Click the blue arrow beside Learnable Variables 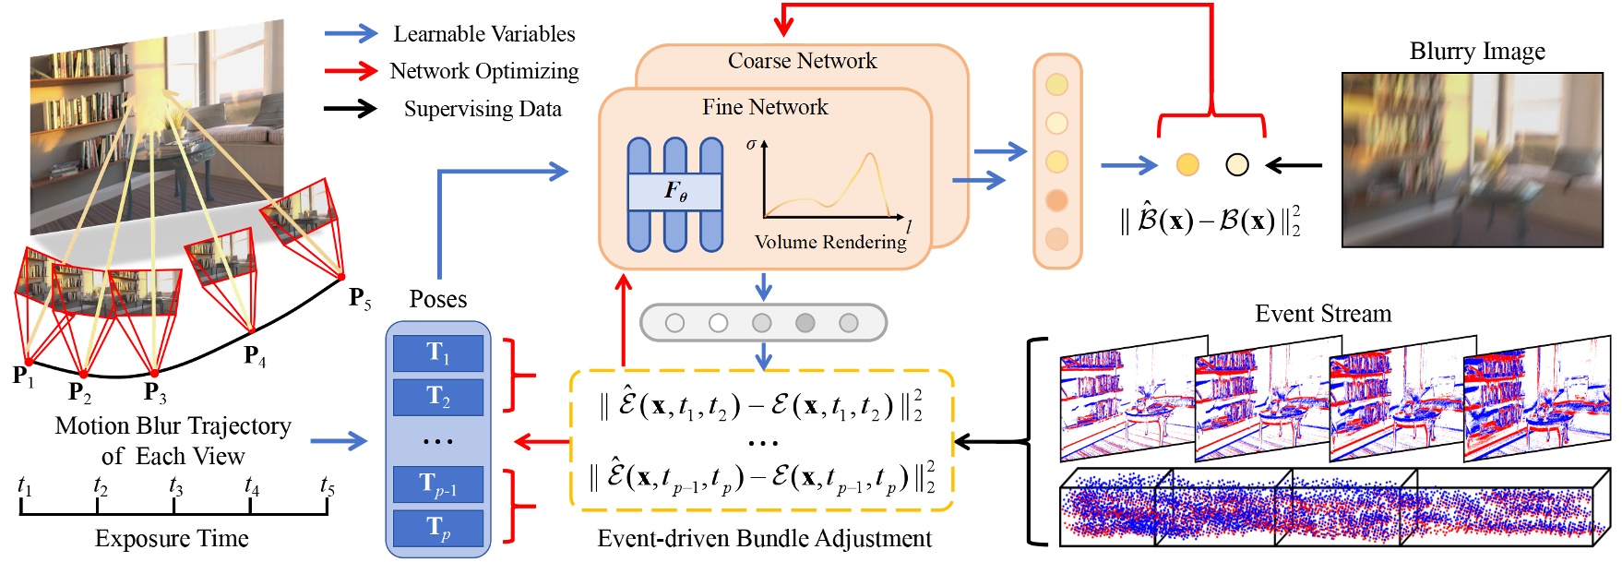click(x=351, y=34)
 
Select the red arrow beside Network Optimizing click(x=351, y=71)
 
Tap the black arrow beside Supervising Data click(x=351, y=109)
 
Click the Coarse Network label click(x=802, y=61)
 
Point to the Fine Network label click(x=765, y=107)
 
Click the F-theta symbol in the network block click(x=675, y=191)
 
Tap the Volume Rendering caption click(x=830, y=242)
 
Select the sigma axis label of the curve click(x=751, y=144)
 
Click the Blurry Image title click(x=1477, y=51)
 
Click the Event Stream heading click(x=1323, y=314)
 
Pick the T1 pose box click(x=438, y=353)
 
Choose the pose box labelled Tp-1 click(x=438, y=484)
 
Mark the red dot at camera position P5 click(x=341, y=276)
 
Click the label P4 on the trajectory click(x=255, y=356)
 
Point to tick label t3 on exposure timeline click(x=175, y=484)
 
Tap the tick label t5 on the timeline click(x=327, y=484)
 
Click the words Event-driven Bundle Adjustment click(x=765, y=539)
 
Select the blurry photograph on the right click(x=1473, y=160)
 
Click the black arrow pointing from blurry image click(x=1294, y=165)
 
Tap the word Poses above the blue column click(x=438, y=299)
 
